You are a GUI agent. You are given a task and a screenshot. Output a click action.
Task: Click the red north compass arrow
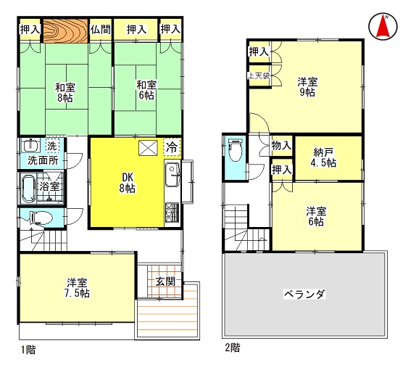(383, 26)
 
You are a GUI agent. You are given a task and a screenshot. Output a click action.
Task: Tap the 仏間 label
(100, 29)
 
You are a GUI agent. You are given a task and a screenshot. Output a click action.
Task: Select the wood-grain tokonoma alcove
(65, 30)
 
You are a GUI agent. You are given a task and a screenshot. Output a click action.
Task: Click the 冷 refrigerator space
(172, 147)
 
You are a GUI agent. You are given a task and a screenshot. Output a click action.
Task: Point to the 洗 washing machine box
(52, 145)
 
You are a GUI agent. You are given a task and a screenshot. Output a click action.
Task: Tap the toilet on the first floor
(41, 218)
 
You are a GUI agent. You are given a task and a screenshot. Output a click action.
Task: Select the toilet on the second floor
(236, 149)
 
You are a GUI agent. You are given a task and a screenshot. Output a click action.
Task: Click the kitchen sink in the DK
(172, 175)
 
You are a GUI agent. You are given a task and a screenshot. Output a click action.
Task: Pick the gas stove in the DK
(172, 212)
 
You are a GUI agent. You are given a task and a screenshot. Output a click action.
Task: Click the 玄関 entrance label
(165, 281)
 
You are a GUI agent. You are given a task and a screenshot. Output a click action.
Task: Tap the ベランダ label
(304, 294)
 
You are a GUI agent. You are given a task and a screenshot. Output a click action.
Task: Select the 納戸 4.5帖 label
(323, 157)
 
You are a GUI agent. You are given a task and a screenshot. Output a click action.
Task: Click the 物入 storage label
(281, 146)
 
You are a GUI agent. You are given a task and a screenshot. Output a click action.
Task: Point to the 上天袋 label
(259, 76)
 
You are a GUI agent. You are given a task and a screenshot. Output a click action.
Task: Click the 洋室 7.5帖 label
(77, 287)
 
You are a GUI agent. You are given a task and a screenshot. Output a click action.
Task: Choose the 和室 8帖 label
(65, 92)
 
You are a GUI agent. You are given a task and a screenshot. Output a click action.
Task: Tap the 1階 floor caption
(28, 350)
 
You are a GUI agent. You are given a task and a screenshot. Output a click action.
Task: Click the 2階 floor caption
(233, 347)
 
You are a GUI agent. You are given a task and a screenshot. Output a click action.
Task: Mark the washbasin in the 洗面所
(30, 145)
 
